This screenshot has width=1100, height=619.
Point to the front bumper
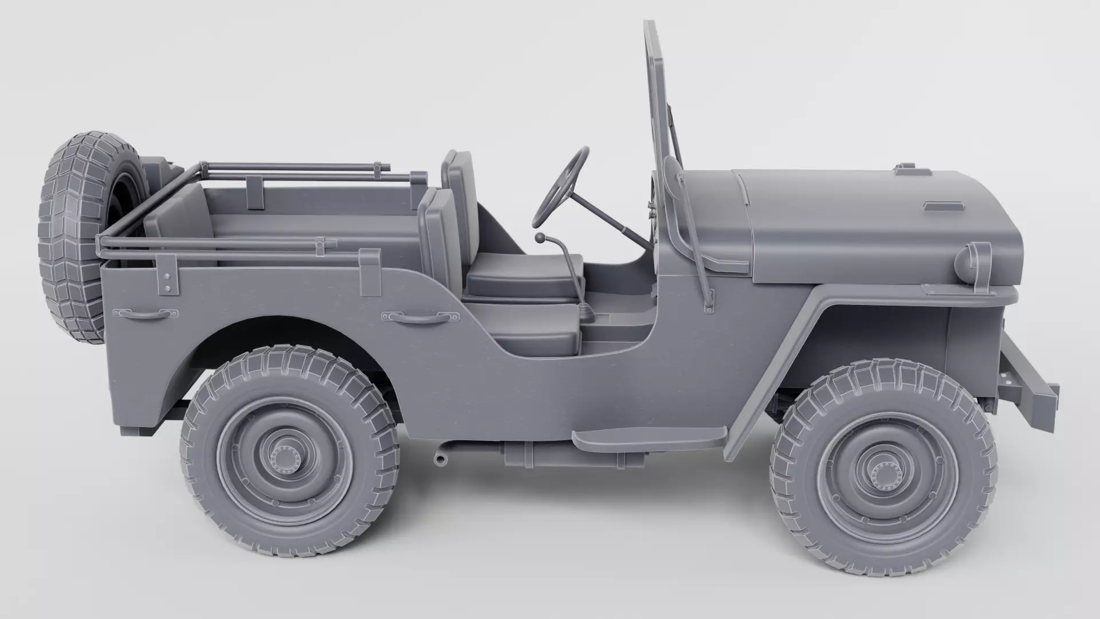coord(1028,381)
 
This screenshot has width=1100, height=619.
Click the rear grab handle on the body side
coord(146,314)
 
